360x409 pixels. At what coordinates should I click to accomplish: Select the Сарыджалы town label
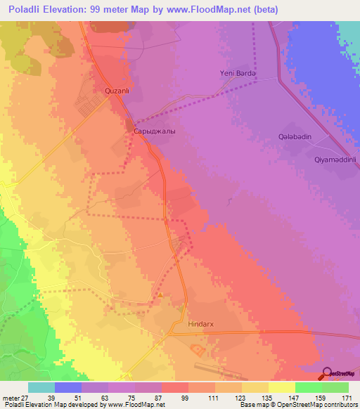(x=154, y=131)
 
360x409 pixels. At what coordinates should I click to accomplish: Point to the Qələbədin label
(x=295, y=137)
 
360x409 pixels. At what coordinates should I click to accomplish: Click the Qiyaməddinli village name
(x=336, y=160)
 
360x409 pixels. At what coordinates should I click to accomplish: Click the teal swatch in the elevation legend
(x=41, y=387)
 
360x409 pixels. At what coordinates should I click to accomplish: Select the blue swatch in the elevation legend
(x=68, y=387)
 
